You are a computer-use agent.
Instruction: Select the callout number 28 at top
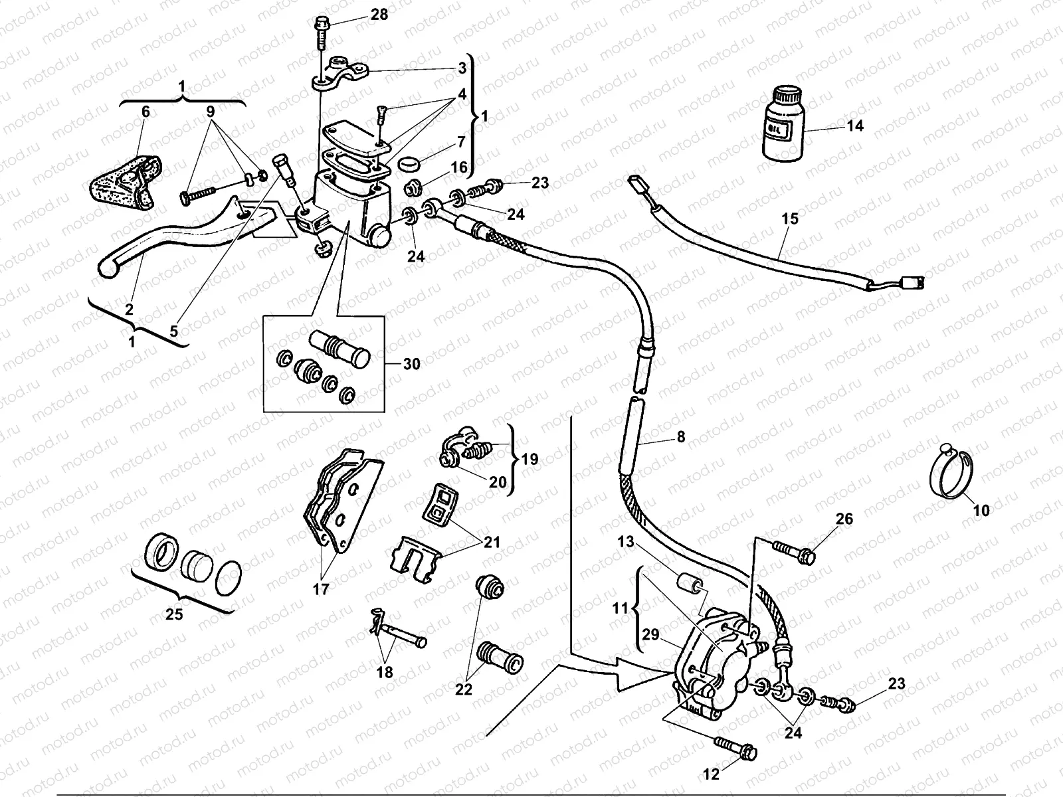(x=379, y=15)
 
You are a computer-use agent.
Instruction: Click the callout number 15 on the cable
(x=790, y=219)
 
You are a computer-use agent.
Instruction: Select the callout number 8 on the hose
(x=680, y=437)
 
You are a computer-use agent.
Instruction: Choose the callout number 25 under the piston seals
(x=174, y=614)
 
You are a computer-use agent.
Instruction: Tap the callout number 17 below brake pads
(x=321, y=588)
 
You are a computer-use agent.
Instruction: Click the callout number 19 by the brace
(x=530, y=459)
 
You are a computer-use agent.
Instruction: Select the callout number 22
(x=464, y=689)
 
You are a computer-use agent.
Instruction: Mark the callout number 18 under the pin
(x=385, y=672)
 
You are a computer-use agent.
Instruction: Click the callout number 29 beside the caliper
(x=650, y=635)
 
